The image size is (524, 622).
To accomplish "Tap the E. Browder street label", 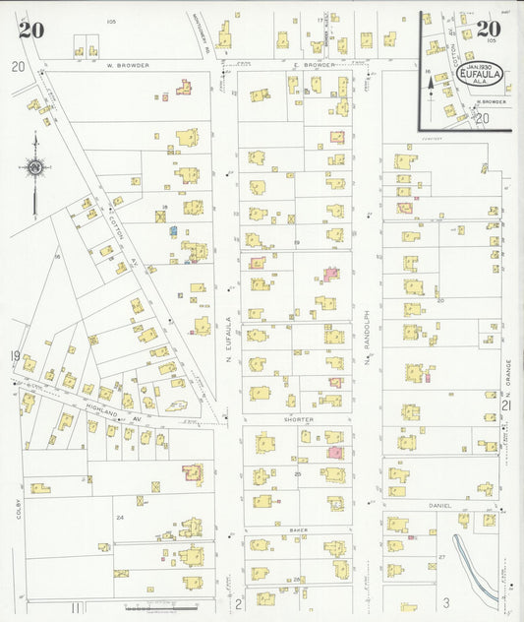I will coord(314,65).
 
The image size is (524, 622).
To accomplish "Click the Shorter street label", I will coord(300,419).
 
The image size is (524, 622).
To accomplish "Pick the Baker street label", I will coord(298,530).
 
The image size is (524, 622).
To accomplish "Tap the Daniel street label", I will coord(440,506).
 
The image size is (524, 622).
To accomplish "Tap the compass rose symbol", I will coord(35,169).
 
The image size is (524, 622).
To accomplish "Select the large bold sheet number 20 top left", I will coord(29,29).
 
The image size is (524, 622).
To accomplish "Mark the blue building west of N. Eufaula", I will coord(172,230).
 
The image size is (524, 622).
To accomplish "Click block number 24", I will coord(120,516).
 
